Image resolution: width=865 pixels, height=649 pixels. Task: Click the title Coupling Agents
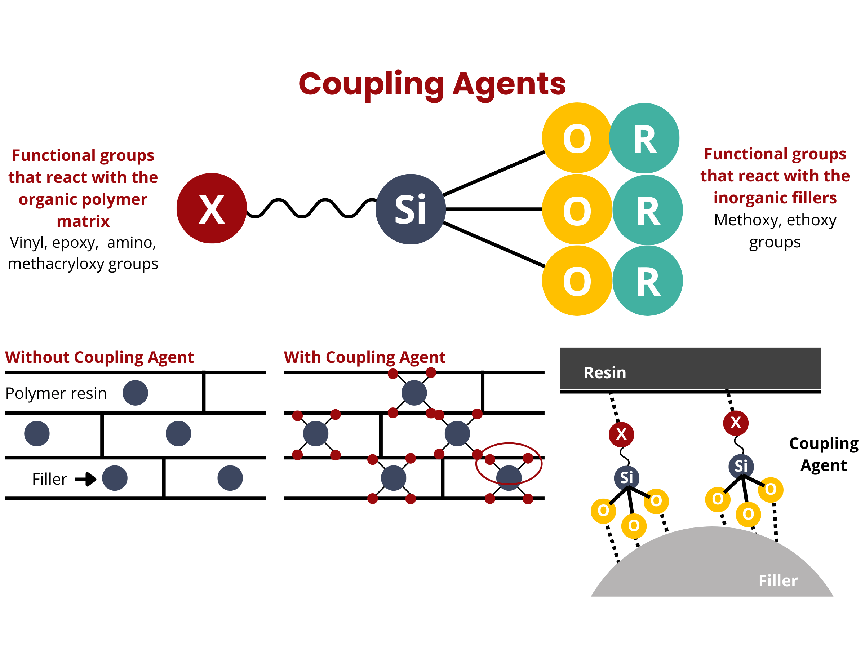point(432,85)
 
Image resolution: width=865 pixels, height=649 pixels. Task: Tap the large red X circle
point(212,208)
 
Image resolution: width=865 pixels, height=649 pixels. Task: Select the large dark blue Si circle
point(411,209)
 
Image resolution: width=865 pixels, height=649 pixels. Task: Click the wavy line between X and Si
point(311,208)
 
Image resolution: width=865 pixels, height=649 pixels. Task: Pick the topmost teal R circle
point(644,138)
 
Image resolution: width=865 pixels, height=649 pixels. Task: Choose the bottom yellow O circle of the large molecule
point(577,281)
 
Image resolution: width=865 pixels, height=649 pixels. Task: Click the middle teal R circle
point(648,210)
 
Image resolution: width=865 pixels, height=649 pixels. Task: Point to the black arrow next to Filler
point(86,479)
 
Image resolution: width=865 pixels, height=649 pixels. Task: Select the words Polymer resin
point(56,393)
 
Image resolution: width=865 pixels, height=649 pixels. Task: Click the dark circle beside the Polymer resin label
point(135,393)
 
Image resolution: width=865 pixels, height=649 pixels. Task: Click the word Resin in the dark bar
point(605,372)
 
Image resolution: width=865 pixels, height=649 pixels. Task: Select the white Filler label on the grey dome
point(778,580)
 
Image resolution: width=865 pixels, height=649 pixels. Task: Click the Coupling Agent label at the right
point(824,454)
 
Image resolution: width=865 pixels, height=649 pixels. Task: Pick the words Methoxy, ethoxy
point(775,220)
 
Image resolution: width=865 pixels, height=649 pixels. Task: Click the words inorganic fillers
point(775,198)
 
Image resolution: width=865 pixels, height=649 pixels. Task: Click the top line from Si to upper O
point(494,173)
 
